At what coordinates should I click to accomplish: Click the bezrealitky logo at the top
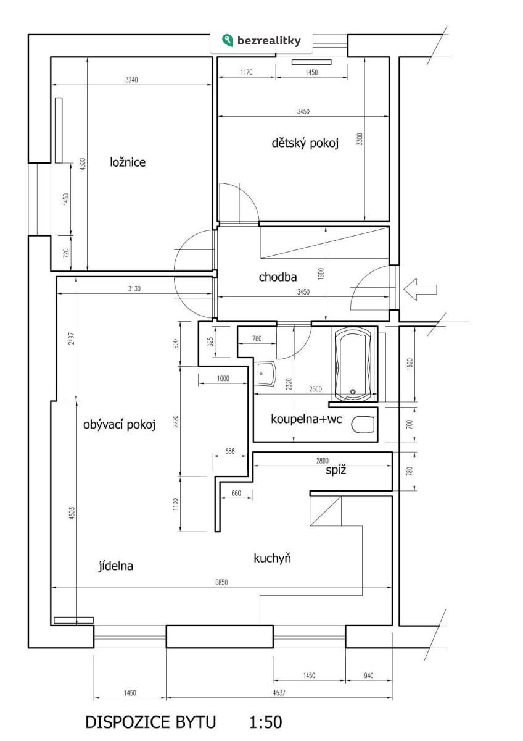[261, 40]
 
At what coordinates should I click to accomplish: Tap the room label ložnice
[128, 162]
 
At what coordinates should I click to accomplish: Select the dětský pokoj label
[305, 143]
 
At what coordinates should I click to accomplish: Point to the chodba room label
[278, 277]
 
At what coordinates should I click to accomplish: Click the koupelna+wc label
[307, 419]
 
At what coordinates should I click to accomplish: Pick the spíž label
[336, 470]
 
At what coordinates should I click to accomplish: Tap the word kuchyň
[272, 558]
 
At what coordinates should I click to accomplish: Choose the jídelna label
[115, 566]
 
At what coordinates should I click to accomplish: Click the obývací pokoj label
[119, 424]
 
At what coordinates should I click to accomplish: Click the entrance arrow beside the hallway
[420, 289]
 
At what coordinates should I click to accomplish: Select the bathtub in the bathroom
[353, 364]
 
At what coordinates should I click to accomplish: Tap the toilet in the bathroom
[363, 424]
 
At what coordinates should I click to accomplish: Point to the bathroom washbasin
[265, 374]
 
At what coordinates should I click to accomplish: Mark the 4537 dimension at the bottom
[279, 693]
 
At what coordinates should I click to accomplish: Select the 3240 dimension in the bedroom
[131, 80]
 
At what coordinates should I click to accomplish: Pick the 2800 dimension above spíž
[322, 461]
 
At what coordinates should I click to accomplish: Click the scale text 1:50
[266, 722]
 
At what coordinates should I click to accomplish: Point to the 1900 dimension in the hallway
[322, 274]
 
